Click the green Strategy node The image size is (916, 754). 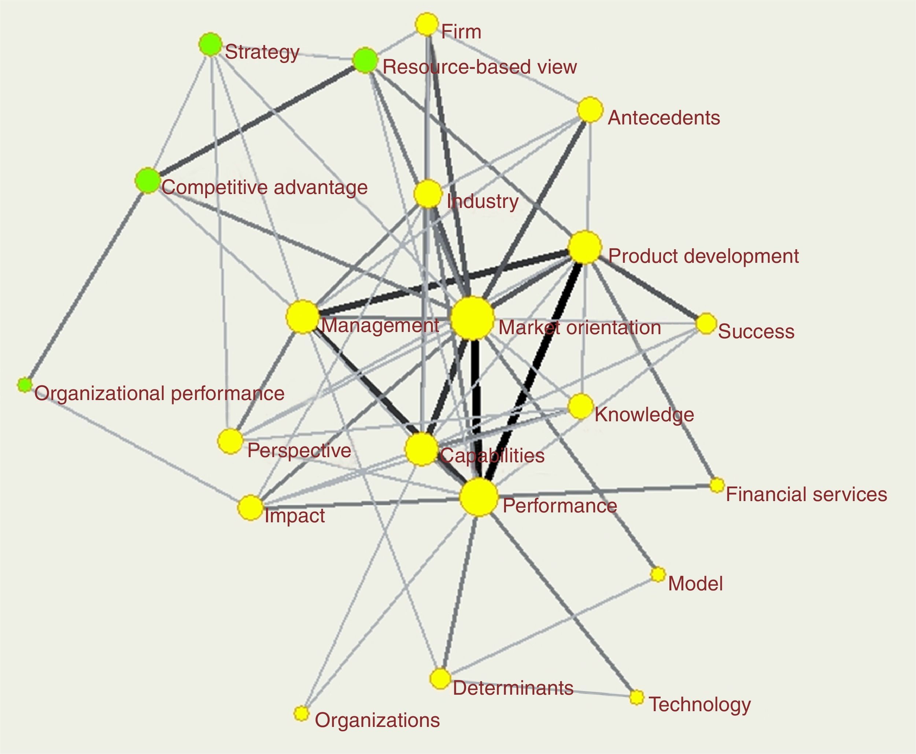pos(210,44)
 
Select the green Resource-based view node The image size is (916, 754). pos(365,61)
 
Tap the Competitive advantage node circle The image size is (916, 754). pos(148,181)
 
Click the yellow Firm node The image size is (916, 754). pos(426,24)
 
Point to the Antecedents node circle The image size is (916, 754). pos(590,110)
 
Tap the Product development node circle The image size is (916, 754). pos(585,247)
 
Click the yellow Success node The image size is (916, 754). pos(706,324)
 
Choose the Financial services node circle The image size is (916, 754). pos(717,485)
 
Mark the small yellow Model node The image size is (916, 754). pos(658,574)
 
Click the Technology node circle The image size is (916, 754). pos(636,697)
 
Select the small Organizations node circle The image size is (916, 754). pos(301,713)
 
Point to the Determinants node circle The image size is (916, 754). pos(440,678)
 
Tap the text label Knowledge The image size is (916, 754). pos(644,415)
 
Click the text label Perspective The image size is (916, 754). pos(299,451)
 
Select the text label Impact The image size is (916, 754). pos(294,516)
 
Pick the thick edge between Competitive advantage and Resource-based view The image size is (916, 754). pos(256,121)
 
